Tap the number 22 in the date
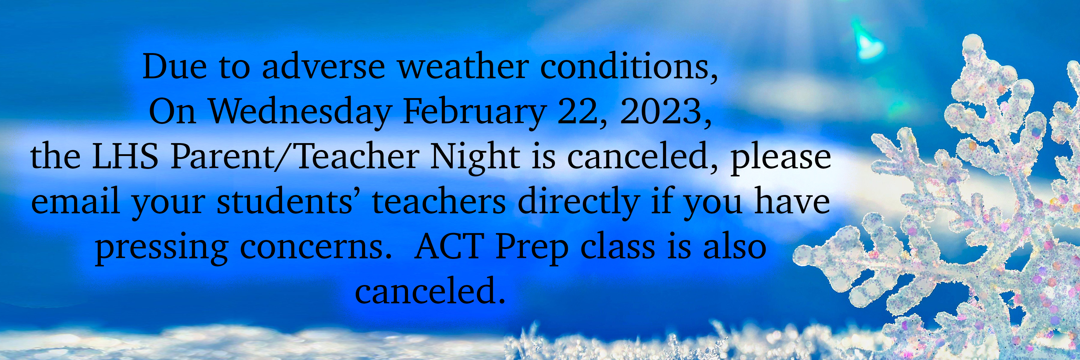pos(577,112)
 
